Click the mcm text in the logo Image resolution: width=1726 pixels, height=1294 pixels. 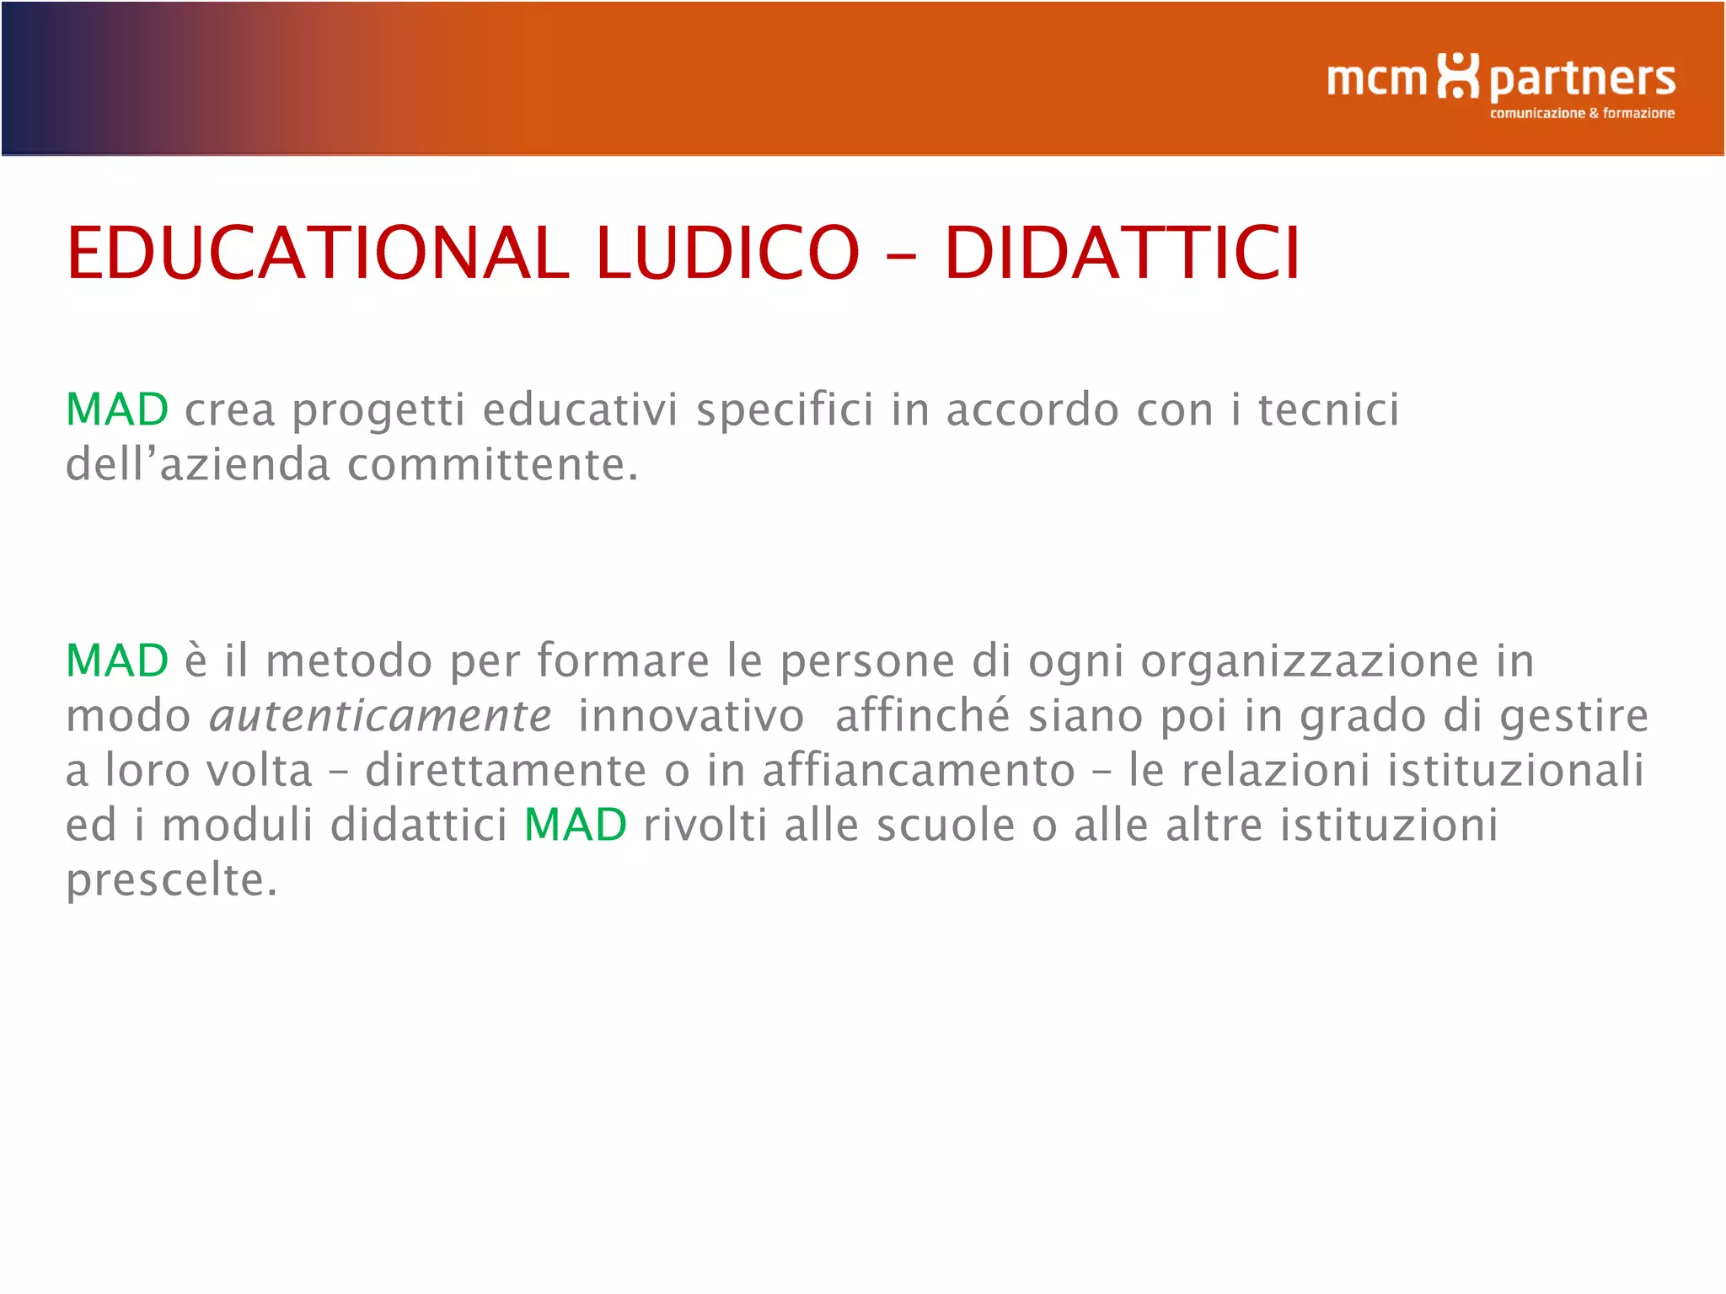(x=1376, y=79)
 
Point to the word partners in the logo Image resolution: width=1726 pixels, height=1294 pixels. (x=1582, y=81)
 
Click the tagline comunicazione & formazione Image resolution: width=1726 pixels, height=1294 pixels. (x=1582, y=113)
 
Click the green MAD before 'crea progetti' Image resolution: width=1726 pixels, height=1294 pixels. (x=117, y=410)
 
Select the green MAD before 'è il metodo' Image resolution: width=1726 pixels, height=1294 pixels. (x=117, y=660)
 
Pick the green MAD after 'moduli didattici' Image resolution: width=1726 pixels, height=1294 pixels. (x=576, y=825)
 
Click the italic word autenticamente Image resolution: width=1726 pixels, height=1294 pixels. (x=380, y=716)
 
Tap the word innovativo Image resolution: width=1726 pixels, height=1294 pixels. (x=691, y=716)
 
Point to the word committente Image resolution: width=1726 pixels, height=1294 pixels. (x=493, y=465)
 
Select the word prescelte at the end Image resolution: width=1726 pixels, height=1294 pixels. (x=171, y=881)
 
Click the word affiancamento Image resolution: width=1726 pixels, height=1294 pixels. (x=919, y=771)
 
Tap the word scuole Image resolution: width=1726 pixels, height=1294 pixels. (x=946, y=825)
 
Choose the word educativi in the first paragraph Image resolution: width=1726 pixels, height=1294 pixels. (x=580, y=410)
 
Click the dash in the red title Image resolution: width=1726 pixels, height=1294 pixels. (x=901, y=255)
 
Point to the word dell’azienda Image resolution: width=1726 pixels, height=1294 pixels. (x=198, y=465)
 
